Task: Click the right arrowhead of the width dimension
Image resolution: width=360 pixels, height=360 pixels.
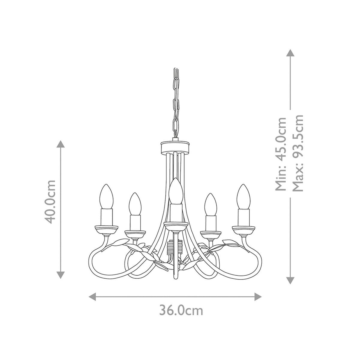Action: (258, 297)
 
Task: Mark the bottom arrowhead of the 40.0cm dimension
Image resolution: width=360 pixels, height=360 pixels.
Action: (61, 274)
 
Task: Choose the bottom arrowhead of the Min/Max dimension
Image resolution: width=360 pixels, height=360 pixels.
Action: (290, 280)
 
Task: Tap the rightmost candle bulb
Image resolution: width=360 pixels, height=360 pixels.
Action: (244, 196)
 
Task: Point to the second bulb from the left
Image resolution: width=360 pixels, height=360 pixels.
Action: (135, 204)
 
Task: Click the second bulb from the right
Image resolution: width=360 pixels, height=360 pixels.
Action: (211, 204)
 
